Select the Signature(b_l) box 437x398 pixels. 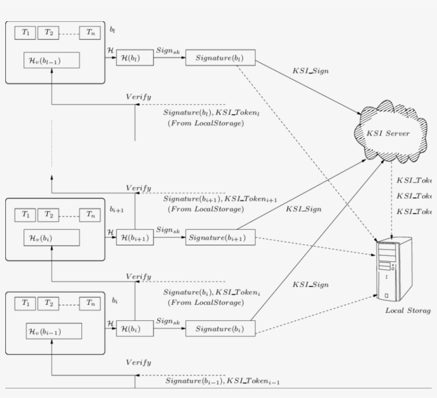(220, 58)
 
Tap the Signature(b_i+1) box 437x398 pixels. (220, 238)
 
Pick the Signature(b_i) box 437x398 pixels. (220, 329)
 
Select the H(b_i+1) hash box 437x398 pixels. (135, 238)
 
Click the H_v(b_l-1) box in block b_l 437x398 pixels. (52, 61)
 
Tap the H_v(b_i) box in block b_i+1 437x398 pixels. (52, 237)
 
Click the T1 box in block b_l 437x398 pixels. (26, 32)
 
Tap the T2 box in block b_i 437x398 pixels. (48, 303)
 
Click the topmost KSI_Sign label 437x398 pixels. (310, 71)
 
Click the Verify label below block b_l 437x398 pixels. (139, 97)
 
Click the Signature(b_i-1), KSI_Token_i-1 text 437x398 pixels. (222, 381)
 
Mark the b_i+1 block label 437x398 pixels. (117, 210)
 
